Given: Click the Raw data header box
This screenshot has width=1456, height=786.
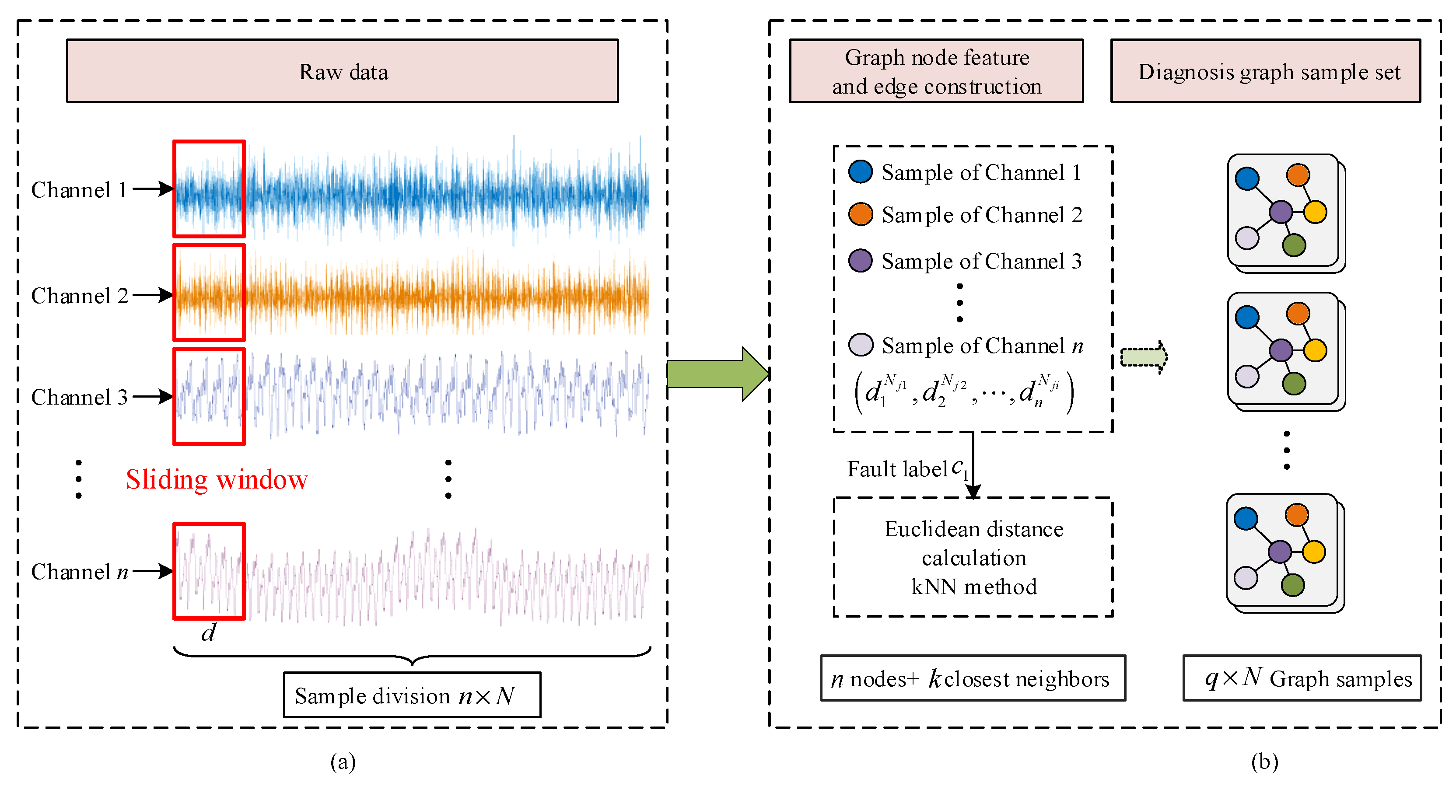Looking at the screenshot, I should tap(342, 71).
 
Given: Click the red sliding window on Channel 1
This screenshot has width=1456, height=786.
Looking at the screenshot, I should tap(209, 189).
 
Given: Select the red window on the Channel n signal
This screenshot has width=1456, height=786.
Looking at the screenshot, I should tap(209, 571).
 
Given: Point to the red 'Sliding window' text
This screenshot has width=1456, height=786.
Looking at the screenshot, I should tap(217, 479).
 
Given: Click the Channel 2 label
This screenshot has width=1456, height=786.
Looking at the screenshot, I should tap(79, 296).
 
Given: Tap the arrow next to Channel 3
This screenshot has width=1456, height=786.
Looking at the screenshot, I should tap(153, 397).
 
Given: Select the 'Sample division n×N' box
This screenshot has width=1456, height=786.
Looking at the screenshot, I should tap(412, 695).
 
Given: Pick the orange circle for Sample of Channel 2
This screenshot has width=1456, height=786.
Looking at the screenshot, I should tap(860, 214).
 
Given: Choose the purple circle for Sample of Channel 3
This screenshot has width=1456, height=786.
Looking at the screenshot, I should tap(860, 261).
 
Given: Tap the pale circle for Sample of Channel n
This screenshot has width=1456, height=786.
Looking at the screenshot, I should tap(860, 345).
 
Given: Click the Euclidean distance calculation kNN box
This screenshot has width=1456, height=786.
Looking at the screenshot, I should tap(973, 557).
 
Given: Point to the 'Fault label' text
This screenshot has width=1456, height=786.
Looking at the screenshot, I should tap(896, 469).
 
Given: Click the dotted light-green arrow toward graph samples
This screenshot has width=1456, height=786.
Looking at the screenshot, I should tap(1144, 357).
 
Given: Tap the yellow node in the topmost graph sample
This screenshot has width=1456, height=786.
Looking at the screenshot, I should tap(1315, 212).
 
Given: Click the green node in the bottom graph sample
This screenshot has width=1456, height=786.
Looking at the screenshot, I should tap(1293, 585).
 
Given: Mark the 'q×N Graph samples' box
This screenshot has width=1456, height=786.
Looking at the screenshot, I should tap(1302, 678).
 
